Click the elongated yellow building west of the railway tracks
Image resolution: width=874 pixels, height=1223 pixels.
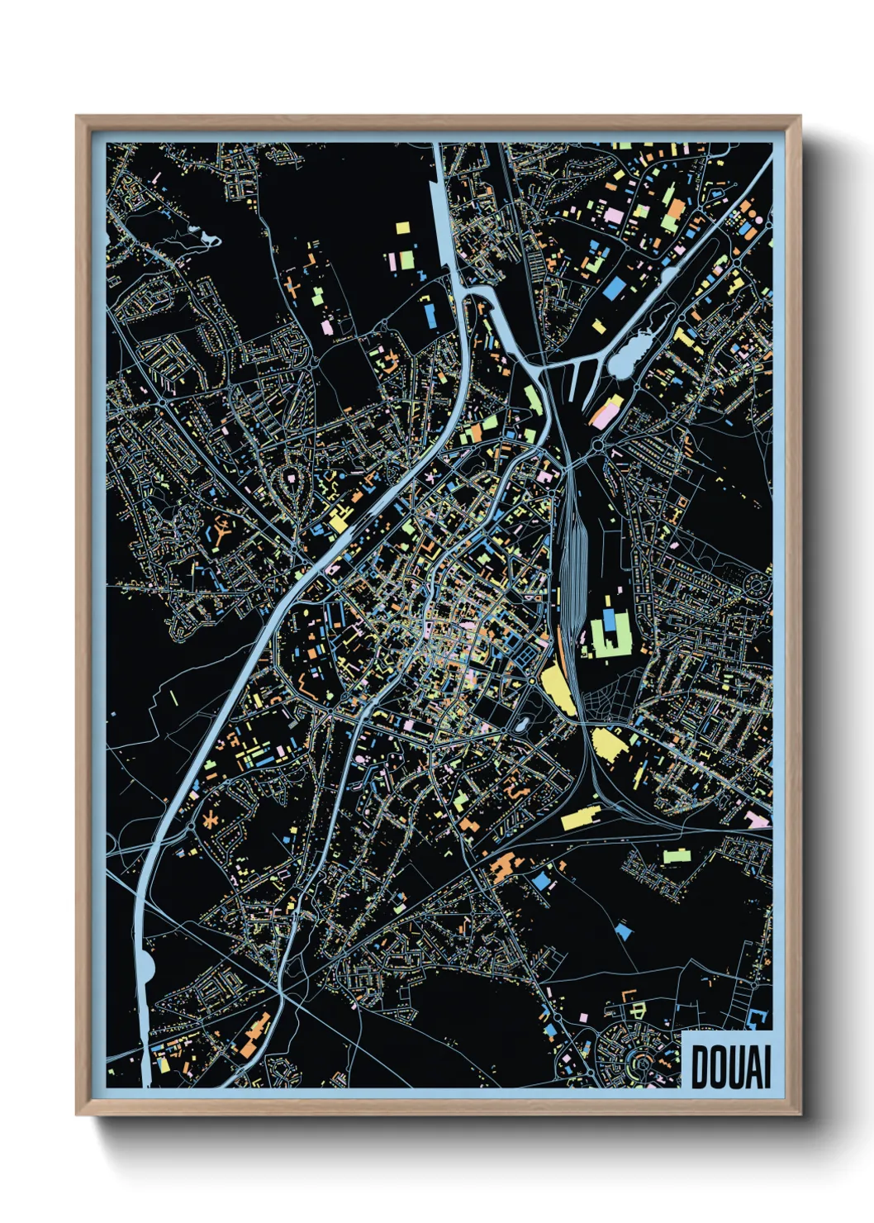pos(559,689)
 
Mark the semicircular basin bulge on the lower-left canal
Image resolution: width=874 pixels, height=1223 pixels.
pos(146,964)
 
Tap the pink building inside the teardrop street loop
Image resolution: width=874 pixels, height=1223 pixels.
pos(291,477)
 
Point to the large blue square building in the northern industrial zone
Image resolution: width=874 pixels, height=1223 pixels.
pos(614,288)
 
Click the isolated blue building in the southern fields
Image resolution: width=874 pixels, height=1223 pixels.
pos(624,930)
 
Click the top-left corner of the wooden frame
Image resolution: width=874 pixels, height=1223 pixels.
pos(78,118)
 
